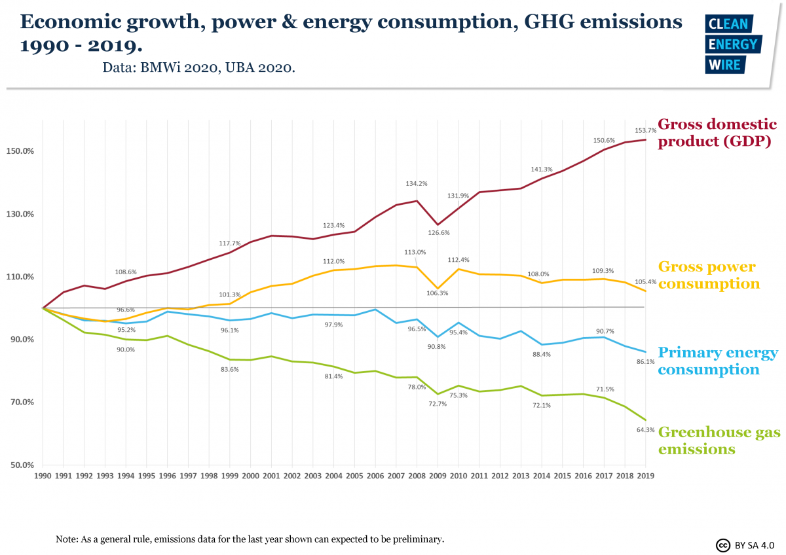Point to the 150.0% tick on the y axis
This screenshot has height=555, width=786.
[x=20, y=151]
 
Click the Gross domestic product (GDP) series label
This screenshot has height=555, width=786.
[x=717, y=133]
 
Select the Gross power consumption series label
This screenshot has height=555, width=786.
[x=708, y=276]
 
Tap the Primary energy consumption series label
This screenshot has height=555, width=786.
[x=717, y=361]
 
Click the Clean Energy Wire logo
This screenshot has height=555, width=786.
[x=731, y=44]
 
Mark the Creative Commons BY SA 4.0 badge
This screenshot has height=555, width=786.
[x=744, y=545]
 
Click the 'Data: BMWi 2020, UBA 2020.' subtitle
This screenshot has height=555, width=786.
[x=198, y=67]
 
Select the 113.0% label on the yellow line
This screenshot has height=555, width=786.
[x=415, y=252]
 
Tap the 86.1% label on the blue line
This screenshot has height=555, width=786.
[x=646, y=362]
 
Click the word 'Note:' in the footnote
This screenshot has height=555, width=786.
[x=67, y=539]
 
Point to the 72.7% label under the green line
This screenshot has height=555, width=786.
[x=437, y=404]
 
